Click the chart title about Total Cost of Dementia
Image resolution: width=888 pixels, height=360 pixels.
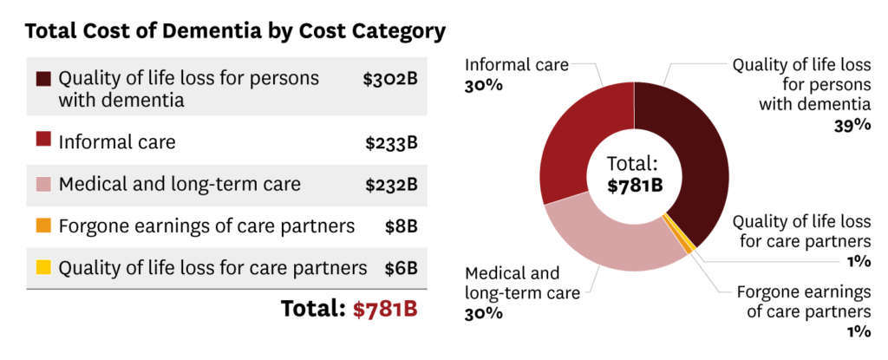click(x=236, y=32)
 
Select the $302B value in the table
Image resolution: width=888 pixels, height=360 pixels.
click(x=390, y=79)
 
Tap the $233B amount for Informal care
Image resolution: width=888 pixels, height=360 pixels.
click(x=390, y=141)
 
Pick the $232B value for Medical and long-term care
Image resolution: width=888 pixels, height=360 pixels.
click(x=390, y=184)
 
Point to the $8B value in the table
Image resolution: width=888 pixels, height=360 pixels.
click(x=402, y=226)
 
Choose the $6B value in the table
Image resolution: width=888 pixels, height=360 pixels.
click(x=402, y=268)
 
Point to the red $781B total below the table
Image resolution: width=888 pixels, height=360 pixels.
click(x=385, y=310)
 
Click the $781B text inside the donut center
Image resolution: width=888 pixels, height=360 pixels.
click(x=634, y=185)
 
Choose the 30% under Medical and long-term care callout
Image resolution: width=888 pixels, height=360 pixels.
click(x=485, y=312)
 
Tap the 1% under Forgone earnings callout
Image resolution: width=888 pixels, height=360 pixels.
click(x=859, y=331)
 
